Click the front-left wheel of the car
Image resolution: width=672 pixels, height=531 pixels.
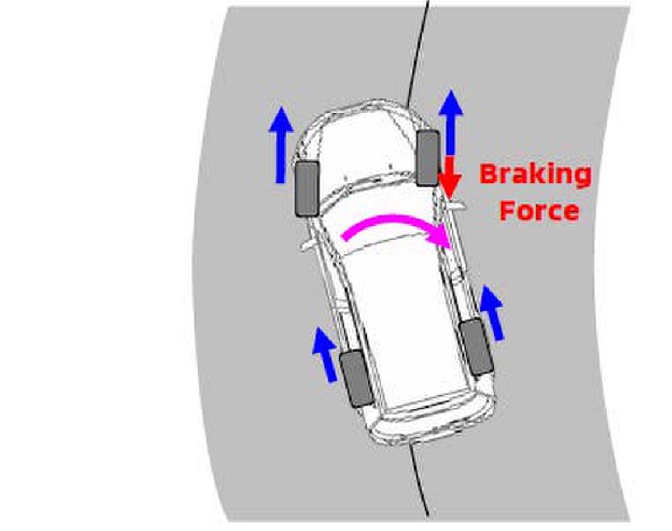(x=306, y=188)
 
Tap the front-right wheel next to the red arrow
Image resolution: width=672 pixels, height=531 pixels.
(x=428, y=158)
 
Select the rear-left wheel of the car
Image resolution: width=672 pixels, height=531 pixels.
(x=356, y=378)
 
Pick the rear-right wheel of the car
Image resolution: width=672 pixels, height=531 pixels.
(x=476, y=346)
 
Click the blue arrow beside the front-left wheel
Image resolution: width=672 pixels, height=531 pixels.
(x=281, y=145)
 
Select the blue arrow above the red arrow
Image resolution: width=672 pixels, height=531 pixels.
(x=451, y=123)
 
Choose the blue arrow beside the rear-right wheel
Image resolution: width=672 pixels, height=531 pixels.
(x=492, y=313)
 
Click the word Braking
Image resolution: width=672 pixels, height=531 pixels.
(x=535, y=175)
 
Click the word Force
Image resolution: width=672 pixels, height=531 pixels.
(x=539, y=210)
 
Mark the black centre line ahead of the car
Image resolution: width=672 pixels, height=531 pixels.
(x=419, y=52)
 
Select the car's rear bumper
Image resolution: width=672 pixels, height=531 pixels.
(x=433, y=422)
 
